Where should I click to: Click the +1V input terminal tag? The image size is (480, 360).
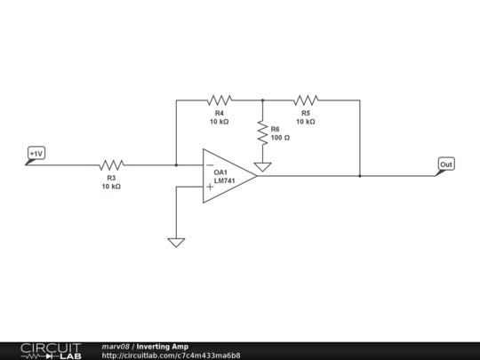(x=36, y=154)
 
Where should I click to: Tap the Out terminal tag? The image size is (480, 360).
(x=446, y=164)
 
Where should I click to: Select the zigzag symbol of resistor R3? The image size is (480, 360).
(x=111, y=164)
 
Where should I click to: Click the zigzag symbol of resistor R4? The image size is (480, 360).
(x=219, y=100)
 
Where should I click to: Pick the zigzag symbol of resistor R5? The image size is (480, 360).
(x=305, y=100)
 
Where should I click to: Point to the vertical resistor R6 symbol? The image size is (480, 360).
(x=262, y=134)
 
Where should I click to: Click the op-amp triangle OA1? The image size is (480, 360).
(x=228, y=176)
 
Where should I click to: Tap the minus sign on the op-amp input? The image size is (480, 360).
(x=210, y=165)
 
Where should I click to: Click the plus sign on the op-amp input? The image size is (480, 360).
(x=210, y=188)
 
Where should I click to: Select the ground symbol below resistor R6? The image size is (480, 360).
(x=262, y=166)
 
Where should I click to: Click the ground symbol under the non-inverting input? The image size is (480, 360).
(x=176, y=242)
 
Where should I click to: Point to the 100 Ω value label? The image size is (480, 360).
(x=281, y=139)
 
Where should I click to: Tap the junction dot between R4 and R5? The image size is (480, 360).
(x=262, y=100)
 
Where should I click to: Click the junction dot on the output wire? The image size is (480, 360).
(x=360, y=176)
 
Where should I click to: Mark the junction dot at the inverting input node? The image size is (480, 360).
(x=176, y=164)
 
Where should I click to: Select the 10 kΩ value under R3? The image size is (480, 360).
(x=111, y=187)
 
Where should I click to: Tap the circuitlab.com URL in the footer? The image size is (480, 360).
(x=171, y=356)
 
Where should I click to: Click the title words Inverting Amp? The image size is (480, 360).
(x=163, y=346)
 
